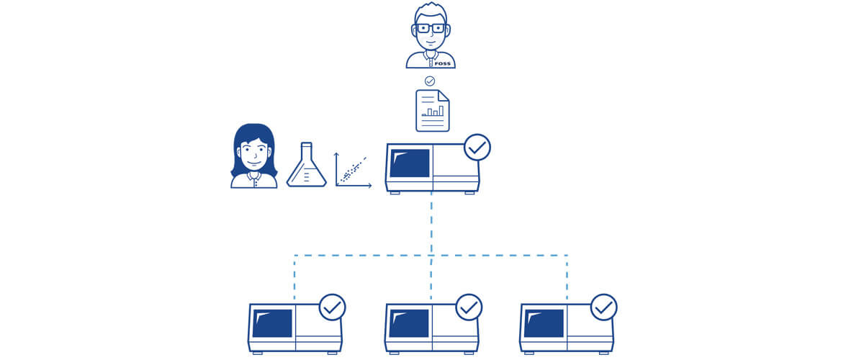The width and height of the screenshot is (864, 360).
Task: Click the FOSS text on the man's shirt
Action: pyautogui.click(x=444, y=63)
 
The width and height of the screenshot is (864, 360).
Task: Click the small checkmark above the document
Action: pyautogui.click(x=430, y=81)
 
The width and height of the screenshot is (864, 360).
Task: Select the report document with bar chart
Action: pyautogui.click(x=432, y=111)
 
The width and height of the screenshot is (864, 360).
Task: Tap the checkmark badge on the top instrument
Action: pyautogui.click(x=477, y=148)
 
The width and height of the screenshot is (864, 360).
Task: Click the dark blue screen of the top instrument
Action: pyautogui.click(x=410, y=163)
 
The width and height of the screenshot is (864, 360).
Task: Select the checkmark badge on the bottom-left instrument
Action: pyautogui.click(x=332, y=307)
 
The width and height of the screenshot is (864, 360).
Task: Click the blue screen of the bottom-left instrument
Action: pyautogui.click(x=272, y=323)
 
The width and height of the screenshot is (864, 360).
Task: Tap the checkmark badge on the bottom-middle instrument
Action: pyautogui.click(x=469, y=307)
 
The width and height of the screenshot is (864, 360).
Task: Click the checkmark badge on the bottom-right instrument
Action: pyautogui.click(x=603, y=307)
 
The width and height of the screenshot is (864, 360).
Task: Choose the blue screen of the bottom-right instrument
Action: pyautogui.click(x=544, y=323)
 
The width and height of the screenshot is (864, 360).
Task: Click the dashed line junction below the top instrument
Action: pyautogui.click(x=431, y=255)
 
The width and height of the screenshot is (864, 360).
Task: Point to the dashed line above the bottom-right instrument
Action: pyautogui.click(x=567, y=277)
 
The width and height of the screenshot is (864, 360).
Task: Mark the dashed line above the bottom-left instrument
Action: pyautogui.click(x=294, y=277)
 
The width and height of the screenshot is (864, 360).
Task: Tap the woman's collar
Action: pyautogui.click(x=254, y=175)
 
